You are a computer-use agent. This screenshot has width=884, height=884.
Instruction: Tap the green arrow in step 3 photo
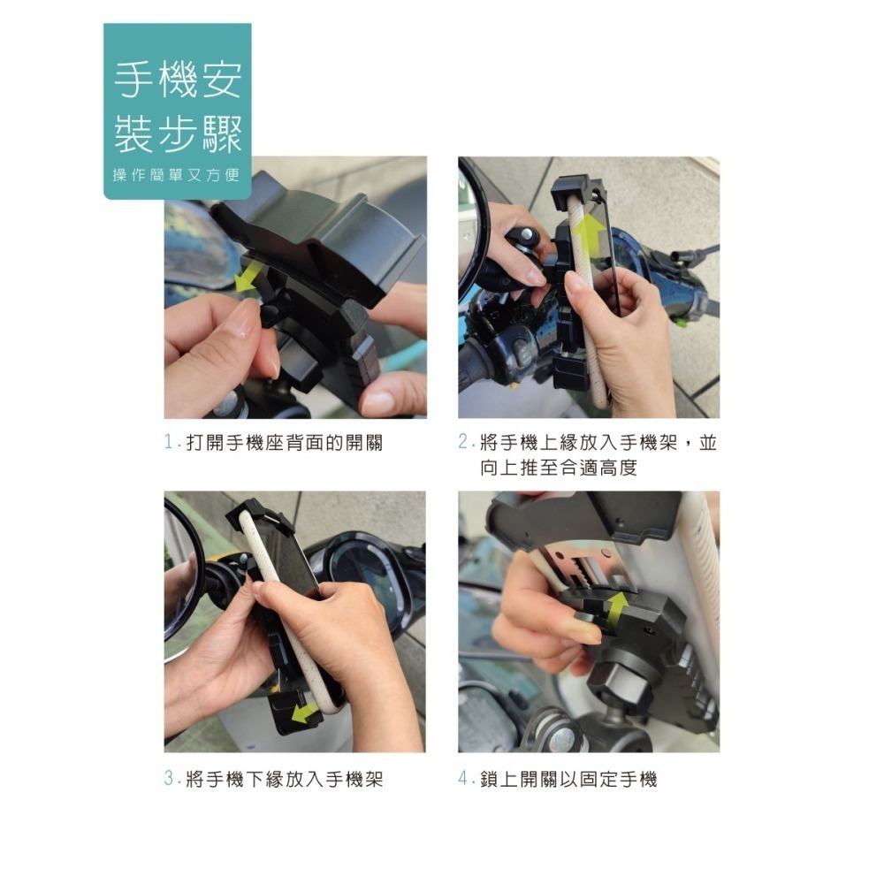(x=305, y=710)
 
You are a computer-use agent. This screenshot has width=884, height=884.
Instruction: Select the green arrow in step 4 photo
(x=617, y=609)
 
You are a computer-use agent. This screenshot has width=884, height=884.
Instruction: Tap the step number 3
(x=169, y=780)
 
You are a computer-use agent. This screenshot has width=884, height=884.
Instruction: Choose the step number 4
(x=463, y=780)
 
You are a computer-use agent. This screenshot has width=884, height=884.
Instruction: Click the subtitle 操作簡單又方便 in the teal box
(x=177, y=175)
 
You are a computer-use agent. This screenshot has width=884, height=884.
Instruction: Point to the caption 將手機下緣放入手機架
(x=284, y=780)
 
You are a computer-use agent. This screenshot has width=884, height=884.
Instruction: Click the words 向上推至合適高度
(x=559, y=468)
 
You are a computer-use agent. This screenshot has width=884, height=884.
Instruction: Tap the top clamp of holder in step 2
(x=578, y=189)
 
